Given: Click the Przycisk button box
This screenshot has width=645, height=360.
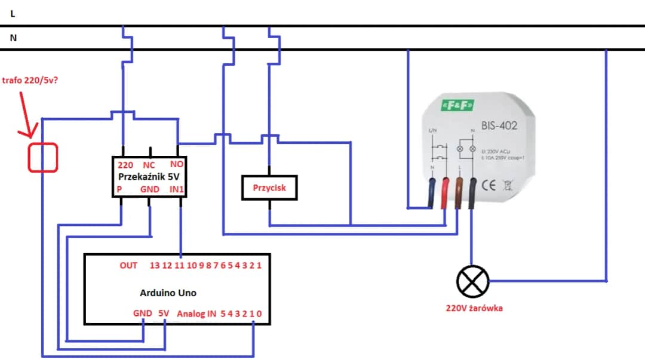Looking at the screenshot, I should pyautogui.click(x=269, y=188).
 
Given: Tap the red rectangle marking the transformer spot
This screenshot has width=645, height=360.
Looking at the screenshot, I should pyautogui.click(x=43, y=158).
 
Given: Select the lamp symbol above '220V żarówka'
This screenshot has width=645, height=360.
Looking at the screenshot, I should pyautogui.click(x=472, y=281).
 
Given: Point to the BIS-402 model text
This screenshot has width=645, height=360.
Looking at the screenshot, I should pyautogui.click(x=499, y=126).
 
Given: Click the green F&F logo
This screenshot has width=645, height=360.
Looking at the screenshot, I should pyautogui.click(x=459, y=106).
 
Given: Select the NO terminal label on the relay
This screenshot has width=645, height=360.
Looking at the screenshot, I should pyautogui.click(x=177, y=164).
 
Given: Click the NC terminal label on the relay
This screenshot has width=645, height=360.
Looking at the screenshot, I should pyautogui.click(x=149, y=164).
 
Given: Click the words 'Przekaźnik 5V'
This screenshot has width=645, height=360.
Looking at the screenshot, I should pyautogui.click(x=149, y=177).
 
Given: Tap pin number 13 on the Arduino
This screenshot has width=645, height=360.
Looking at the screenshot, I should pyautogui.click(x=155, y=265).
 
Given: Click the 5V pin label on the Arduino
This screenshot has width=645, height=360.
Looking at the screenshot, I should pyautogui.click(x=164, y=313).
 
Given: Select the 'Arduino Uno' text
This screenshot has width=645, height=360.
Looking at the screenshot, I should pyautogui.click(x=168, y=293).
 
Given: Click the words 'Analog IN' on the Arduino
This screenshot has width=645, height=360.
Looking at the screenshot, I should pyautogui.click(x=196, y=313).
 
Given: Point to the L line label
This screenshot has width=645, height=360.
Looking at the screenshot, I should pyautogui.click(x=13, y=13).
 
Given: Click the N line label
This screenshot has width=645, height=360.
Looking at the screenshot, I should pyautogui.click(x=13, y=37).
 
